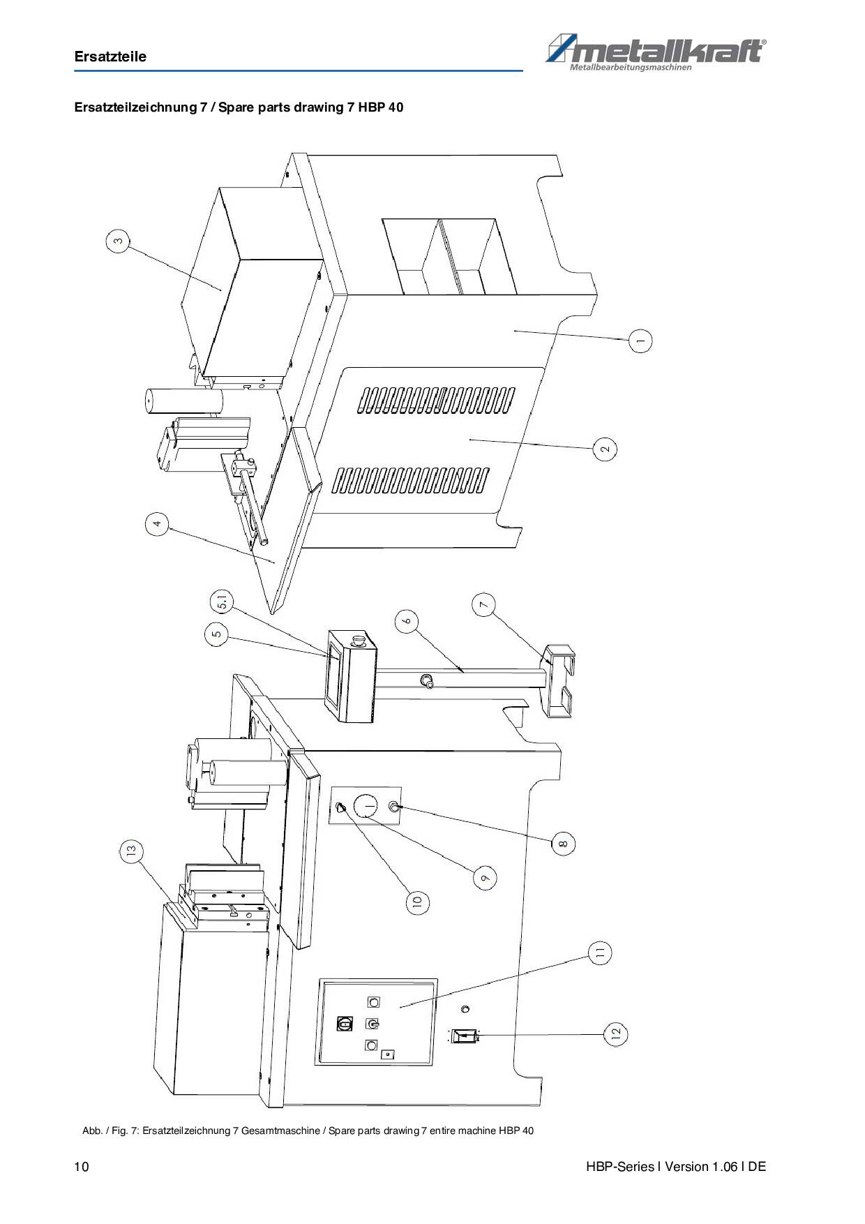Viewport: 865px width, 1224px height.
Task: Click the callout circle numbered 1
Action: click(640, 341)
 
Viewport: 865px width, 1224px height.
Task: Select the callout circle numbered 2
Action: click(605, 449)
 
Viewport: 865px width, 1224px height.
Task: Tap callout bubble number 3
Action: click(117, 241)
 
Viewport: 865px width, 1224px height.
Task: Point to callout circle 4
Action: click(158, 523)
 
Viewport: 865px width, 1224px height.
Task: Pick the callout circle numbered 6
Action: click(407, 620)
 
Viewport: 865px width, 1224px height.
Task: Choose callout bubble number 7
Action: click(484, 604)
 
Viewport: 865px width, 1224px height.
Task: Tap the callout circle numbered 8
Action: click(564, 843)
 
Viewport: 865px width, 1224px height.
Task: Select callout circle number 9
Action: click(486, 877)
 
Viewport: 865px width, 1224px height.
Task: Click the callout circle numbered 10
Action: click(417, 902)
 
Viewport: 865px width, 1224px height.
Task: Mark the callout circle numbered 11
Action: click(600, 953)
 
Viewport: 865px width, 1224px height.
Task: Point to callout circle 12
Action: click(615, 1035)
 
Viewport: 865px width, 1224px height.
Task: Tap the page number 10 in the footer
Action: click(82, 1167)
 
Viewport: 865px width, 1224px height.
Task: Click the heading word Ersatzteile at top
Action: click(110, 57)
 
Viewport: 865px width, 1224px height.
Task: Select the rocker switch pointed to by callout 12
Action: click(463, 1036)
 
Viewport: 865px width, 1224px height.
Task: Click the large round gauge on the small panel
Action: click(369, 807)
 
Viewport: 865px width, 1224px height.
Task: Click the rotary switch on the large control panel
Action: click(344, 1024)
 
